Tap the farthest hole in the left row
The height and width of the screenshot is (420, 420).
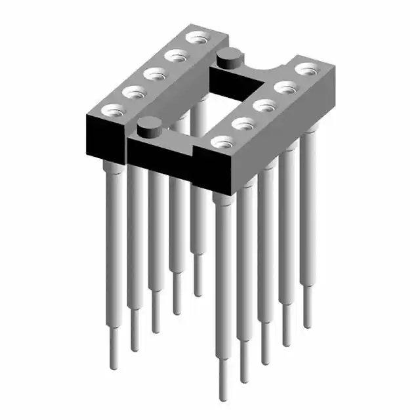coord(194,37)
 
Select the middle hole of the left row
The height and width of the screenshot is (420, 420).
coord(153,74)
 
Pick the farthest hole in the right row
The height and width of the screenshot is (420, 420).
coord(305,68)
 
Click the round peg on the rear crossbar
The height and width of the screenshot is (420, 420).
coord(228,56)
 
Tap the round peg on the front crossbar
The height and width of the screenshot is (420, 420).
coord(149,125)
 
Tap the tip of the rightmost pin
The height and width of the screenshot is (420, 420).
coord(307,325)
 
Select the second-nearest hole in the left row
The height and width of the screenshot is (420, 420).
coord(133,91)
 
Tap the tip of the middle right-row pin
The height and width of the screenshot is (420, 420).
coord(265,361)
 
